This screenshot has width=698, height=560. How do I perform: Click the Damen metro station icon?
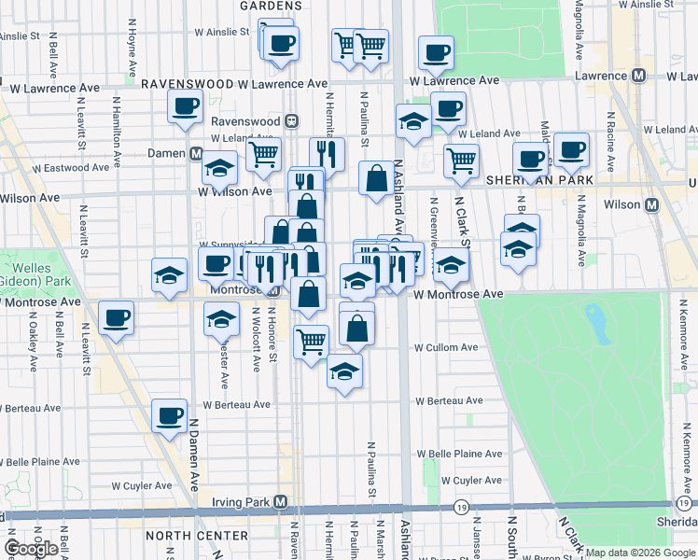click(197, 153)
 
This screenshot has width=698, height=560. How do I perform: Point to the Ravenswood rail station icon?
click(292, 121)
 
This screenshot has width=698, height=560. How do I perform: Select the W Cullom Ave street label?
click(447, 347)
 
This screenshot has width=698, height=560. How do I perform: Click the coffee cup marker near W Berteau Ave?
click(170, 415)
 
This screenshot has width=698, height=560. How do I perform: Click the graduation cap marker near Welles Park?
click(169, 275)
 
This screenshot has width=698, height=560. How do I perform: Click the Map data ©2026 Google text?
click(640, 553)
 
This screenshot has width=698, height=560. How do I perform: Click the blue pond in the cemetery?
click(595, 322)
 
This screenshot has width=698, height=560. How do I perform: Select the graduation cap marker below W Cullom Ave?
click(344, 371)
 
